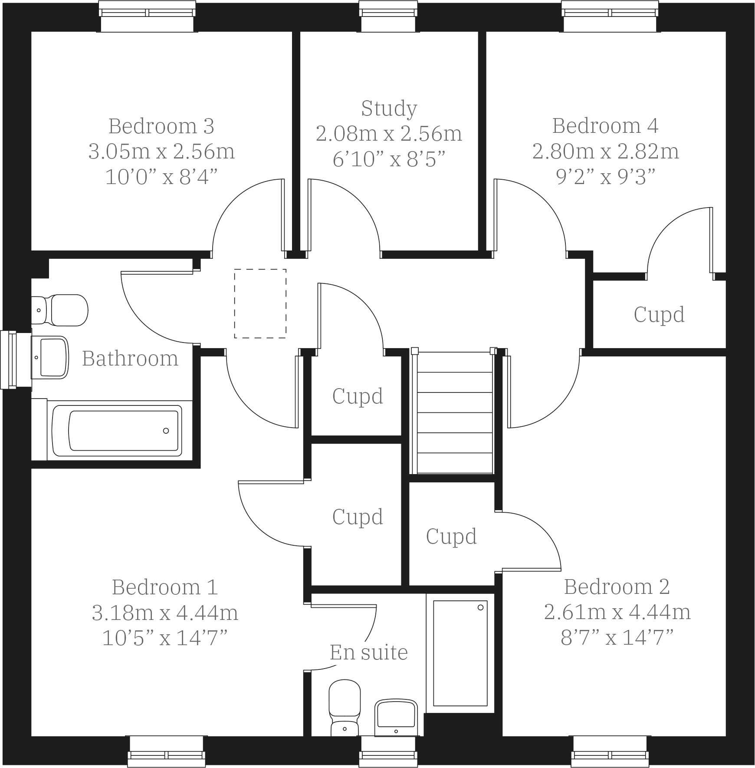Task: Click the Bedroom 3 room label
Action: point(161,126)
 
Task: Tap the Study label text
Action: point(389,109)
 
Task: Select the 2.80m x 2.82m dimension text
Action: point(605,152)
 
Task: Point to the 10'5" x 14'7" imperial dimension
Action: point(165,638)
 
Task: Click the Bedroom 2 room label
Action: point(617,587)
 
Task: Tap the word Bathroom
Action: point(130,359)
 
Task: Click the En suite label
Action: point(369,652)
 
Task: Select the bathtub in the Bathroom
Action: point(117,430)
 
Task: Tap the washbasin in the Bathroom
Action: point(52,357)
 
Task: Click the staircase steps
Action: point(454,412)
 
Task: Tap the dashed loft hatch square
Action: point(260,303)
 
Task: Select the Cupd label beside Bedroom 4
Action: point(659,315)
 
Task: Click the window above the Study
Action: point(388,16)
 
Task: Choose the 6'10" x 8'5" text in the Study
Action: point(389,160)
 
